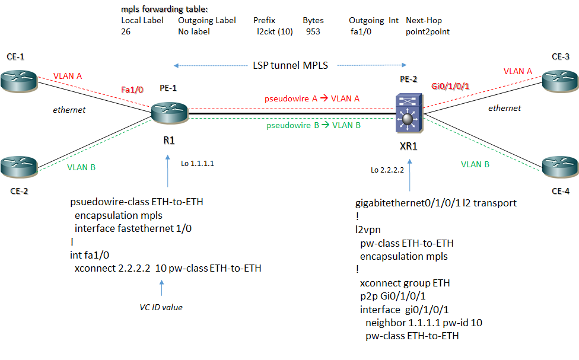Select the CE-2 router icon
click(x=18, y=165)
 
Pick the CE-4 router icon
click(x=560, y=166)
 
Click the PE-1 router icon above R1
click(x=168, y=111)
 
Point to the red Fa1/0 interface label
click(x=132, y=89)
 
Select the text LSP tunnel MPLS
click(x=290, y=65)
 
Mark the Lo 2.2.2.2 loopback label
click(x=387, y=170)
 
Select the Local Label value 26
click(x=126, y=31)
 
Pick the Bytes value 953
click(x=313, y=31)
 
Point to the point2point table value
click(x=427, y=31)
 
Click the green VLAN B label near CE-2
click(x=81, y=167)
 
